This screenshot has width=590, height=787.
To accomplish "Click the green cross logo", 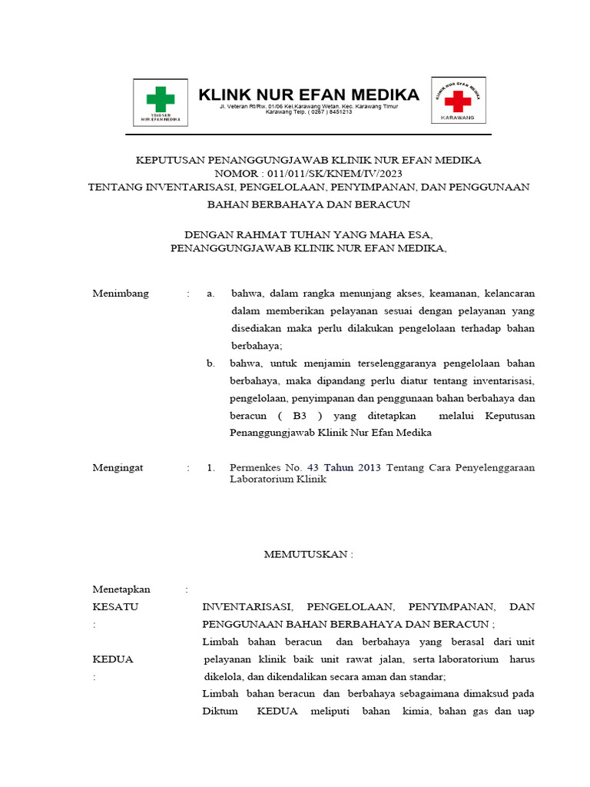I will (161, 99).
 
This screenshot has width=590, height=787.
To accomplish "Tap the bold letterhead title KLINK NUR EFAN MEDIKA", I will (309, 95).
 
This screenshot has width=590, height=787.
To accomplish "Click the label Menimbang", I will (121, 294).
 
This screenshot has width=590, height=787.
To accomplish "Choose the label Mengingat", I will (118, 467).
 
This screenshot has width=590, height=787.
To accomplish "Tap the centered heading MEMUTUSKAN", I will (308, 554).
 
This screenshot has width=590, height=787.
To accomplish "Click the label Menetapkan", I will (121, 589).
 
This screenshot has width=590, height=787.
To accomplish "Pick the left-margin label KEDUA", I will (113, 659).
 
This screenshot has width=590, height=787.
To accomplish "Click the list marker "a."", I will (210, 294).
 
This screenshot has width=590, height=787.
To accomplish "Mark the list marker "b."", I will (210, 363).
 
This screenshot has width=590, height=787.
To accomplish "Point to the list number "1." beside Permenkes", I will (210, 467).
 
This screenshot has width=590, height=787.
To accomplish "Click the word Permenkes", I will (257, 467).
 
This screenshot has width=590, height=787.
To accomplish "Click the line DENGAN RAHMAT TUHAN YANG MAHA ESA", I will (309, 234).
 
